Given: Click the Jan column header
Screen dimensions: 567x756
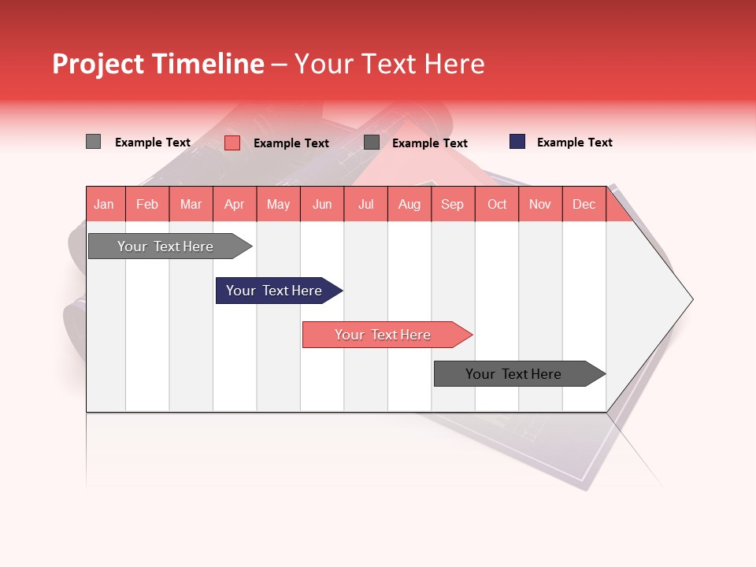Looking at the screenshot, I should tap(104, 204).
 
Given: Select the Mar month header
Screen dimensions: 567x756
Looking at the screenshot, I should tap(191, 204).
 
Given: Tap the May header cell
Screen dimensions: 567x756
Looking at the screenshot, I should tap(278, 204).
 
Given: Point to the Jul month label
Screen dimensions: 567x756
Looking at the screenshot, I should tap(365, 204).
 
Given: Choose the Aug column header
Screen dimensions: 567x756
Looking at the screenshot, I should tap(409, 204).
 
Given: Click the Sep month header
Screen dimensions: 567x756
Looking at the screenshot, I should tap(453, 204).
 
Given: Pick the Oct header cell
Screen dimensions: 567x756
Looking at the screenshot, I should tap(497, 204).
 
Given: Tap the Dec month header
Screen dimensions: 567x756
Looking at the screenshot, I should tap(584, 204).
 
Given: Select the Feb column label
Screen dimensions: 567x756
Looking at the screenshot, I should tap(147, 204).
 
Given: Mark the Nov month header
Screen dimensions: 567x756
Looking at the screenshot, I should tap(540, 204).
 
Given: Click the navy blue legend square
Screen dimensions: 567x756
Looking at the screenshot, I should tap(517, 142).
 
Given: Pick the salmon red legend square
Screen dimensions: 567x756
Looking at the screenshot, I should tap(232, 143).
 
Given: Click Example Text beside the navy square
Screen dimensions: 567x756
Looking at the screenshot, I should tap(574, 143).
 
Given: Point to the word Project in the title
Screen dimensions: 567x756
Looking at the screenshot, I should tap(98, 64).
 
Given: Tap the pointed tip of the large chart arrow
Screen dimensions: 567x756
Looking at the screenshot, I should tap(691, 298).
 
